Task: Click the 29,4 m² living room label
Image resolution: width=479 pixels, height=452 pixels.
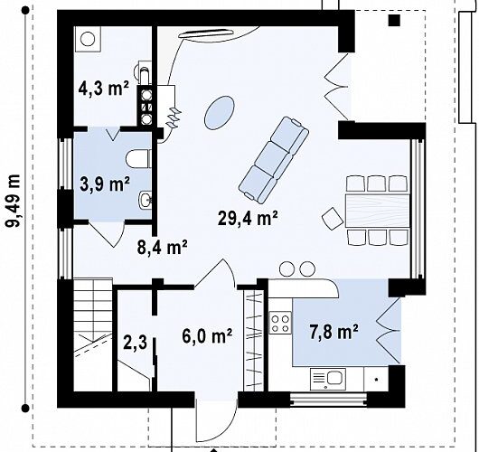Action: pos(248,218)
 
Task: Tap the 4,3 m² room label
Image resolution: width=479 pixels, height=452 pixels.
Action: pos(104,89)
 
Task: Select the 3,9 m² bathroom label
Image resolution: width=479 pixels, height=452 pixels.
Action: pos(105,184)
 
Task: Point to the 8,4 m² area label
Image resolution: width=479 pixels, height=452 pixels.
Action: pos(162,247)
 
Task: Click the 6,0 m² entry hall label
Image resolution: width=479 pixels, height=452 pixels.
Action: pos(207,336)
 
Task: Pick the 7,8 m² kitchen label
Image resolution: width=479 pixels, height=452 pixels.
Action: pos(333,332)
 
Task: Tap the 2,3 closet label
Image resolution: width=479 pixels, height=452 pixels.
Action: pos(135,342)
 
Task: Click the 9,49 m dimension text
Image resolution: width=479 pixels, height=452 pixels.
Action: pos(14,201)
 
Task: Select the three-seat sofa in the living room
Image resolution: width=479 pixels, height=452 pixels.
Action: pos(274,160)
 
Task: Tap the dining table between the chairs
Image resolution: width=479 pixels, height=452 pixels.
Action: pos(377,211)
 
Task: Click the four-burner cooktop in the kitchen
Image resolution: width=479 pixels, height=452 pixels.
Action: pos(280,324)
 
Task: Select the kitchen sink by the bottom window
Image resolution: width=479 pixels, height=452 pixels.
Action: pos(328,379)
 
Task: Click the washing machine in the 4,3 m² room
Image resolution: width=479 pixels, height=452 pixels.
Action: pos(88,39)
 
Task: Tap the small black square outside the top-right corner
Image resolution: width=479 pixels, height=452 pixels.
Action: pos(394,20)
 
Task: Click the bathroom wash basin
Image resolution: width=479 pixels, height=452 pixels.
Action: pos(146,200)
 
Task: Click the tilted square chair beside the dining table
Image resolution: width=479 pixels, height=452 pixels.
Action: pos(333,218)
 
